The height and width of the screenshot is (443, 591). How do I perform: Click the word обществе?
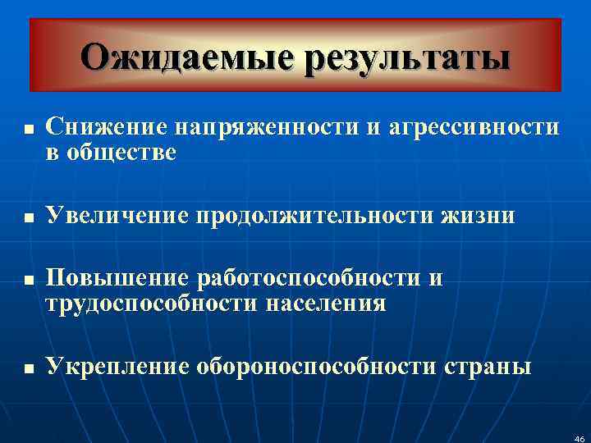point(122,153)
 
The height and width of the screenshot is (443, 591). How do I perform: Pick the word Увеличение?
point(117,216)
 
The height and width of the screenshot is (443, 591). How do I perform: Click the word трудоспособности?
point(152,304)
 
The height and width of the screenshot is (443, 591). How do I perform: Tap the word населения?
point(326,304)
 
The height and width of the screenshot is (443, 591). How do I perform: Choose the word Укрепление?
point(117,367)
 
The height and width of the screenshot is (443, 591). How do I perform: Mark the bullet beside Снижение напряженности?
point(28,130)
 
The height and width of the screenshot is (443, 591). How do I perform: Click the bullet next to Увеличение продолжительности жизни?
point(28,218)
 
